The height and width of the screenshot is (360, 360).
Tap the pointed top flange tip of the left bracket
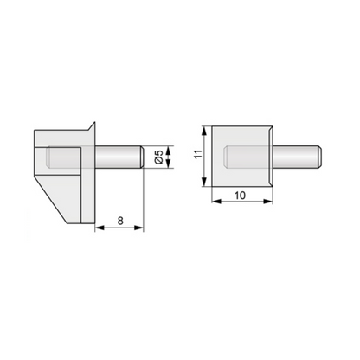pyautogui.click(x=92, y=124)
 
